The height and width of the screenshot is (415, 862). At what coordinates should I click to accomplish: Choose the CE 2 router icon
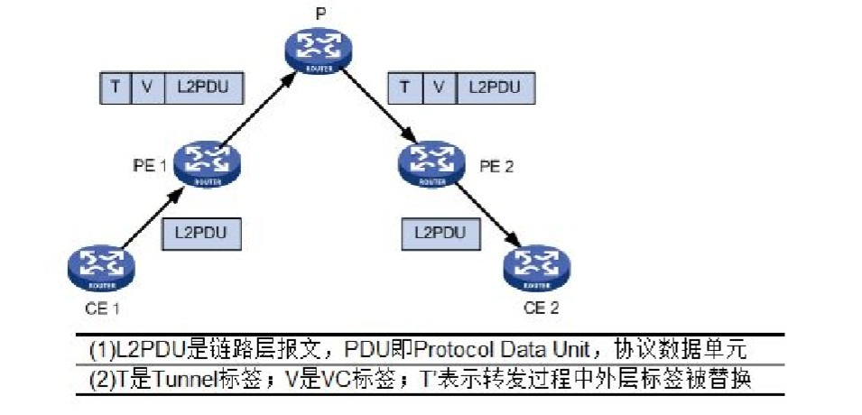pos(537,265)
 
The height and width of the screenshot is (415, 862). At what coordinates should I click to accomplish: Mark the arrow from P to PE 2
pos(374,107)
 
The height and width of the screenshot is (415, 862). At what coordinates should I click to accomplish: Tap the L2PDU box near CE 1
pos(201,233)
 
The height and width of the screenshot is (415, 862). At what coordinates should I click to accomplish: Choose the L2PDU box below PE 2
pos(440,233)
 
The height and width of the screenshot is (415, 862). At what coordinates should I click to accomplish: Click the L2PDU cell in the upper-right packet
pos(494,87)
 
